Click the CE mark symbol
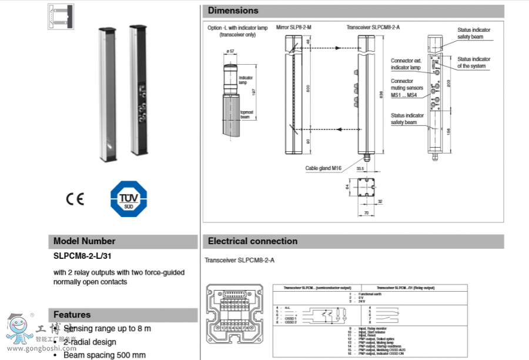pos(75,199)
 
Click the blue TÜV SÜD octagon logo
pos(129,199)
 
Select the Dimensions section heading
pos(233,11)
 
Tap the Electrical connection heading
pos(253,241)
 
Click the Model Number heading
pos(84,241)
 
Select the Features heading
pos(72,315)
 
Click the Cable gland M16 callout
pos(323,168)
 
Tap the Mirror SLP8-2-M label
pos(294,27)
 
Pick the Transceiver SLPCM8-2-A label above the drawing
pos(369,27)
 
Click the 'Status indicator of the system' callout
pos(474,62)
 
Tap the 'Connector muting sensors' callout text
pos(407,88)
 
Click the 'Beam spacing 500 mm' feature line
pos(104,355)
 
